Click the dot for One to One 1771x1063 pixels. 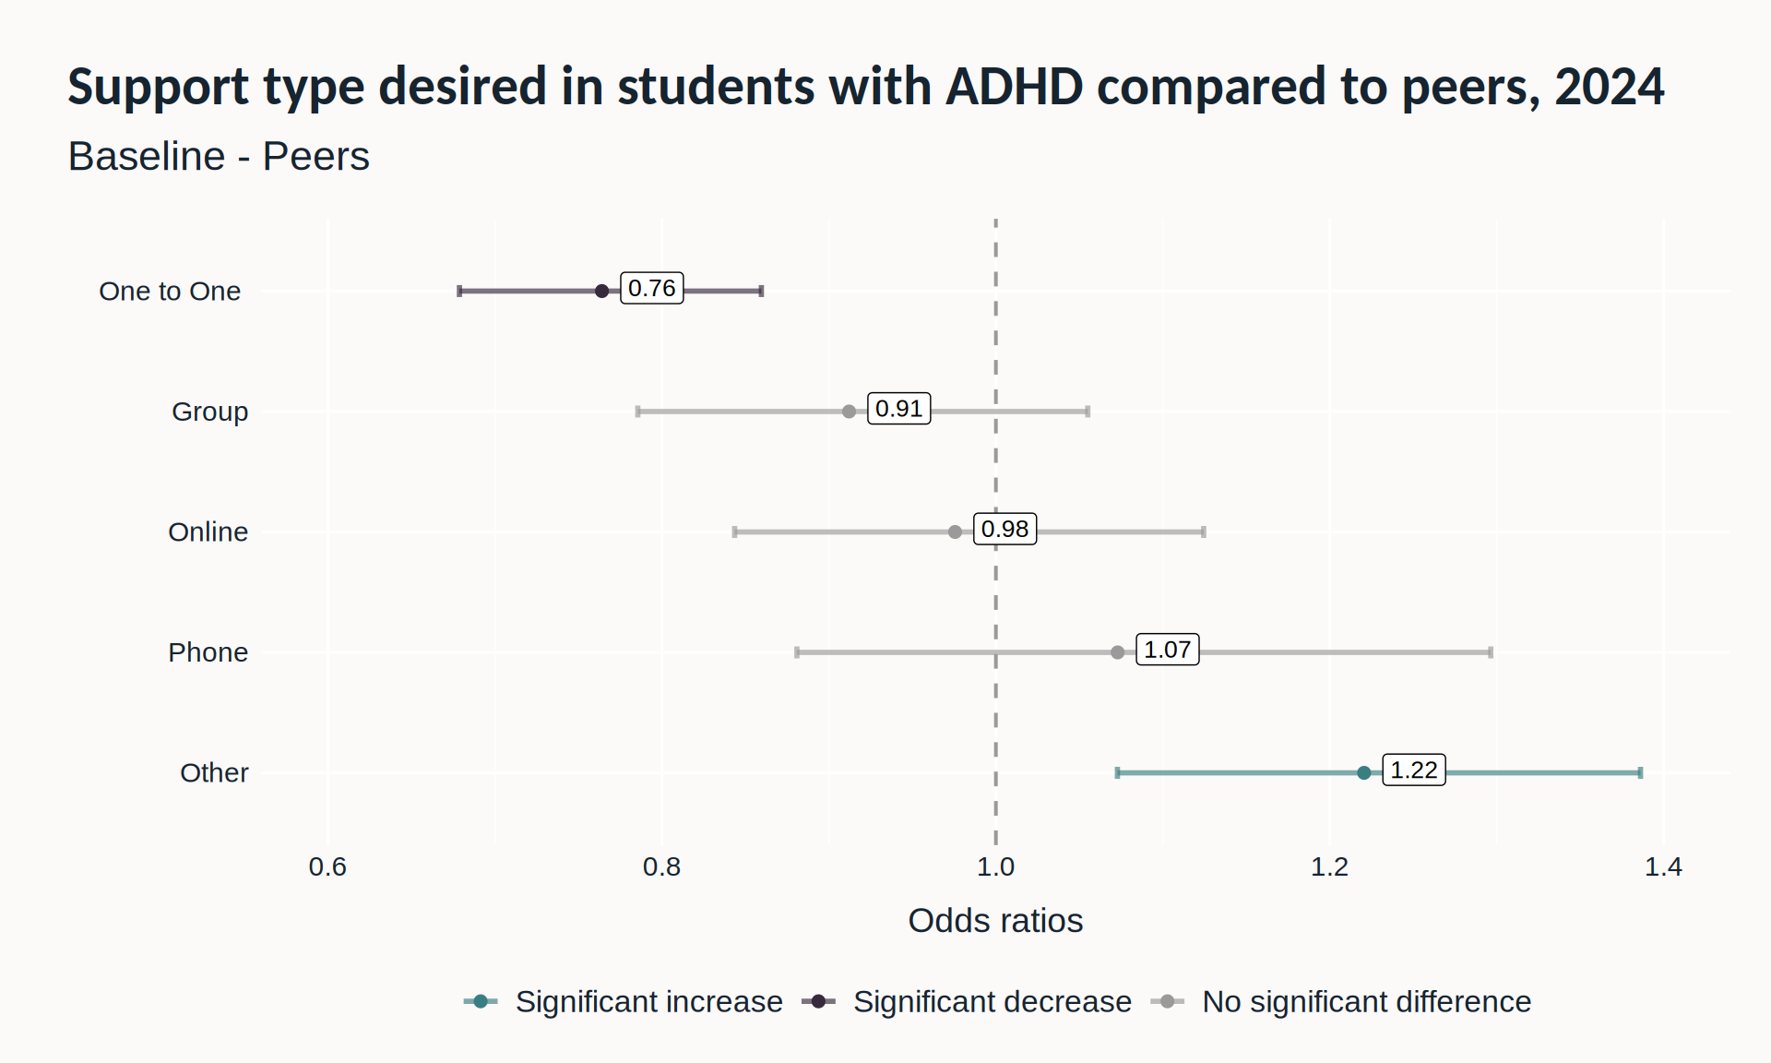[x=601, y=291]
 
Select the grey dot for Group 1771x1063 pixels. [x=849, y=412]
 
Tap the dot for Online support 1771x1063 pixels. [x=955, y=531]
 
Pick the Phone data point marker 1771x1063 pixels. [x=1117, y=652]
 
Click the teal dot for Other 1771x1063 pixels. [x=1363, y=772]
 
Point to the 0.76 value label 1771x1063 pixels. [x=651, y=288]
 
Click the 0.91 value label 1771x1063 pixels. [x=898, y=408]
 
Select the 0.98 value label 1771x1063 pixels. [x=1004, y=529]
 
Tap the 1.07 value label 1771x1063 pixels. [x=1167, y=650]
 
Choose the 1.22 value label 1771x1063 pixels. [x=1413, y=770]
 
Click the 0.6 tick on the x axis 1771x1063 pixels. [x=327, y=866]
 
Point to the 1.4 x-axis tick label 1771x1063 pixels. [x=1663, y=866]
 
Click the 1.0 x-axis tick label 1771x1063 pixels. [x=995, y=866]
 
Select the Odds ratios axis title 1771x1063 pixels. [x=995, y=920]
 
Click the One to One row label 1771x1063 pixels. [x=170, y=291]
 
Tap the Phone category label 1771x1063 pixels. [x=208, y=652]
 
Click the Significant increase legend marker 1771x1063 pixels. [x=481, y=1001]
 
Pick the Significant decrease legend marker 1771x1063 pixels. [x=818, y=1001]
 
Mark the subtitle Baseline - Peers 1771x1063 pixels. [x=219, y=156]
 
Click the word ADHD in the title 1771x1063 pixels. [x=1014, y=86]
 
